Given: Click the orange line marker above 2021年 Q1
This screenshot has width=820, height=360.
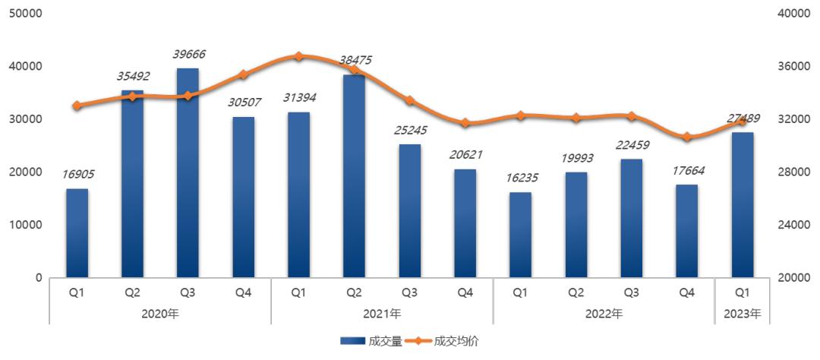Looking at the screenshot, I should point(298,56).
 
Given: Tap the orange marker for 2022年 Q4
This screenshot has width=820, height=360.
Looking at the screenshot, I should point(686,137).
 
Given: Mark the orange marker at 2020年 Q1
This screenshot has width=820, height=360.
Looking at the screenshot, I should point(77,106).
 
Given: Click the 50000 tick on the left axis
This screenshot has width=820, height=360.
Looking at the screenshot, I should point(26,14).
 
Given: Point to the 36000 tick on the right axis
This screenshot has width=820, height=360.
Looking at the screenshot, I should point(793,67).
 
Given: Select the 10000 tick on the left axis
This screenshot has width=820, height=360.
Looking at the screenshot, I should point(26,225).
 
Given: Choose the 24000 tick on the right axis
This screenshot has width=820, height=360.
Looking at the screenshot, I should point(793,225).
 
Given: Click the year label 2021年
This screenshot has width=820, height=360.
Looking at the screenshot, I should point(382,313).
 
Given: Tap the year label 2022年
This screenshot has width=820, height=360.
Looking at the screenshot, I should point(604,313).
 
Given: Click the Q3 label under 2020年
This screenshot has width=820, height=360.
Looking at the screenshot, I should point(188,292).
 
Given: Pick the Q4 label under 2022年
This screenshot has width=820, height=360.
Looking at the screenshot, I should point(686,292).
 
